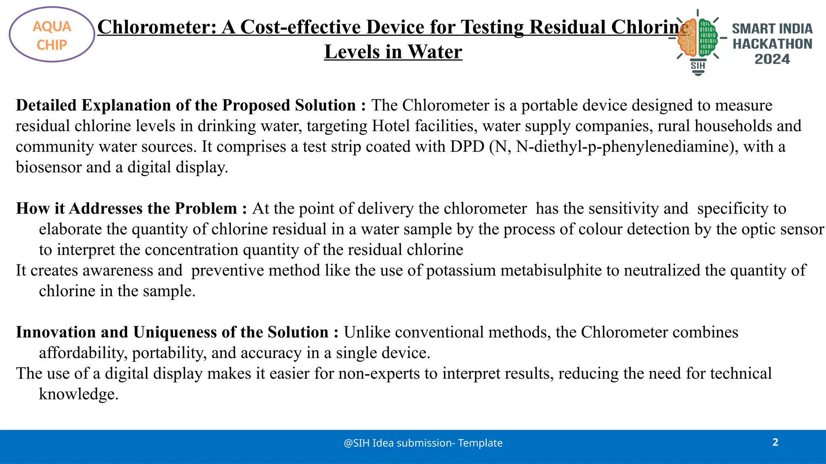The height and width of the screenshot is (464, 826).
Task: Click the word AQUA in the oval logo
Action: point(52,27)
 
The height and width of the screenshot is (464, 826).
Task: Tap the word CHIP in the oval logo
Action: point(52,45)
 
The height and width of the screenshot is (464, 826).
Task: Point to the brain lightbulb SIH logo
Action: point(698,42)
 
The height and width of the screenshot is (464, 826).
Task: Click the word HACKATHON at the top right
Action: point(772,44)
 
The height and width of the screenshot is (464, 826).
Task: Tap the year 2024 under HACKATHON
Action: point(772,59)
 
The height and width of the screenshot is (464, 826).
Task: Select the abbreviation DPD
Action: point(467,147)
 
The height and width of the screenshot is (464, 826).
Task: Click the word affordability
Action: point(83,353)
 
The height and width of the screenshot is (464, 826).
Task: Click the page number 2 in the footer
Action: point(775,442)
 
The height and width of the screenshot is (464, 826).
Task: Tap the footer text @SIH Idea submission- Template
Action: point(423,443)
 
